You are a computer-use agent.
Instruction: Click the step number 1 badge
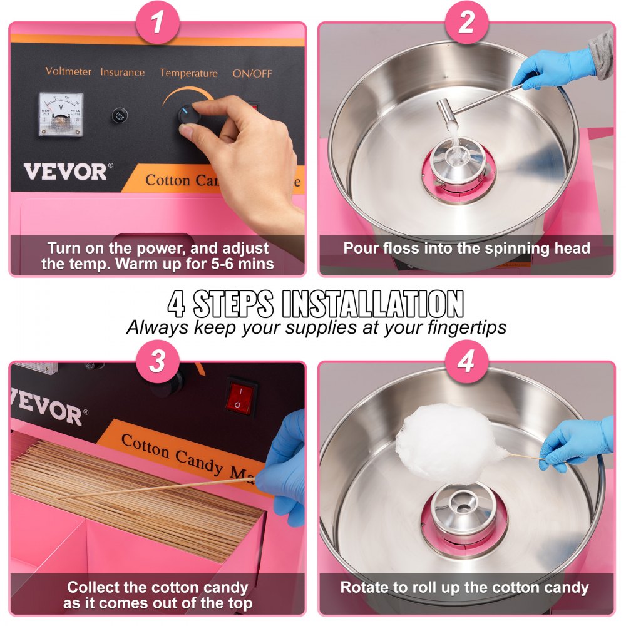pyautogui.click(x=157, y=24)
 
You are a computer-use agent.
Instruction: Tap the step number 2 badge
pyautogui.click(x=466, y=24)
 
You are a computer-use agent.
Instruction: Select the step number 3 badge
pyautogui.click(x=157, y=361)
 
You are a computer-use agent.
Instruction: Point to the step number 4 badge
pyautogui.click(x=466, y=361)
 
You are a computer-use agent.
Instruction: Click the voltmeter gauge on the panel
pyautogui.click(x=61, y=114)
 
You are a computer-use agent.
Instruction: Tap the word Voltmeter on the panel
pyautogui.click(x=69, y=71)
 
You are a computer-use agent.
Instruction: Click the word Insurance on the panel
pyautogui.click(x=123, y=72)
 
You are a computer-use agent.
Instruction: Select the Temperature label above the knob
pyautogui.click(x=188, y=73)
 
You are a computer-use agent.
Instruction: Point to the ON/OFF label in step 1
pyautogui.click(x=252, y=73)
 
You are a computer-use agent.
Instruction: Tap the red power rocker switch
pyautogui.click(x=242, y=396)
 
